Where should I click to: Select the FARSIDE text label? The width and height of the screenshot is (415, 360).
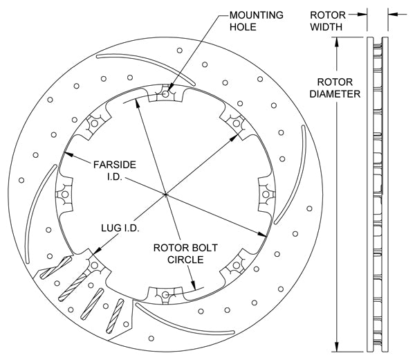[115, 165]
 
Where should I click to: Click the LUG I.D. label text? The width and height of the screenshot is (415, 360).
[115, 227]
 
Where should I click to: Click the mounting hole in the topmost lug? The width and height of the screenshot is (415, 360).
[166, 91]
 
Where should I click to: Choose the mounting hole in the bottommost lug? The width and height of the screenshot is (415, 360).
[166, 296]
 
